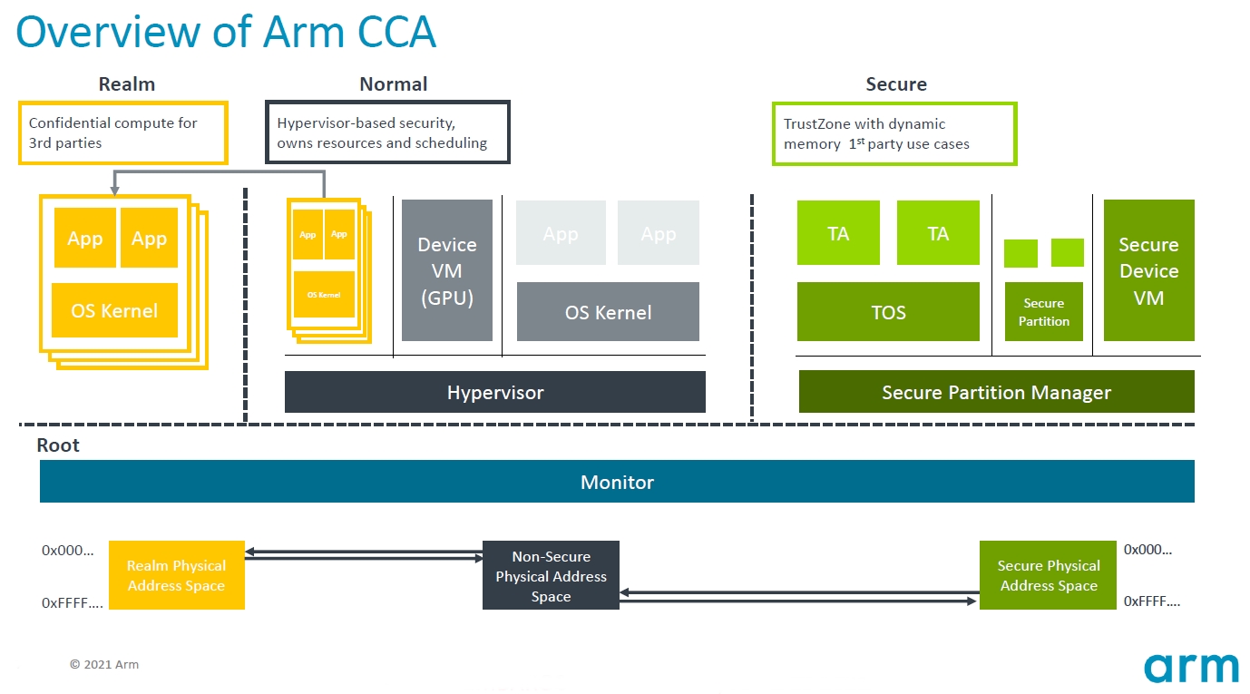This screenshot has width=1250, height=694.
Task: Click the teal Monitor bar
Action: (617, 482)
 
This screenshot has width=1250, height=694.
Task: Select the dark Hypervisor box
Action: (494, 392)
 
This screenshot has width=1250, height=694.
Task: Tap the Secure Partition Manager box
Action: (996, 392)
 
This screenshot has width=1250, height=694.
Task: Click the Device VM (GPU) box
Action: (447, 270)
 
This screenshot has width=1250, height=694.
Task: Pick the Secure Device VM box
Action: (1148, 270)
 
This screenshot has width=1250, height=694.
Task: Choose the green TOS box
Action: (888, 312)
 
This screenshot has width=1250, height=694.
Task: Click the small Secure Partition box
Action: (1044, 312)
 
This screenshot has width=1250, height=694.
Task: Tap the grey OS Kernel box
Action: (608, 312)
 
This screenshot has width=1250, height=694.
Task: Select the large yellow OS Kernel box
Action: (114, 310)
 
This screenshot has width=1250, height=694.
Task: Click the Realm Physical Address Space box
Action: (176, 575)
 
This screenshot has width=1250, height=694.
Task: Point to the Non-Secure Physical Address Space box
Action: (551, 575)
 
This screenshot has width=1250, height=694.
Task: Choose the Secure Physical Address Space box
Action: (1048, 575)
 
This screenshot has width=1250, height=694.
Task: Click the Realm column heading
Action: (127, 84)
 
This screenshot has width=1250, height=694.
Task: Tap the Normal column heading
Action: (393, 84)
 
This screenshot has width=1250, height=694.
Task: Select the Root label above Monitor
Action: (58, 445)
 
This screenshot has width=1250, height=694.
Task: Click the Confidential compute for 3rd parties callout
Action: (122, 132)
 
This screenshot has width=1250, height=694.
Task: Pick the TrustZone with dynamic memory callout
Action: (894, 133)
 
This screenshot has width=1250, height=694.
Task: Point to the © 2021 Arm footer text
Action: (104, 665)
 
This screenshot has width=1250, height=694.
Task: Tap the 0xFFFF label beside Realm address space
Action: (73, 602)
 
